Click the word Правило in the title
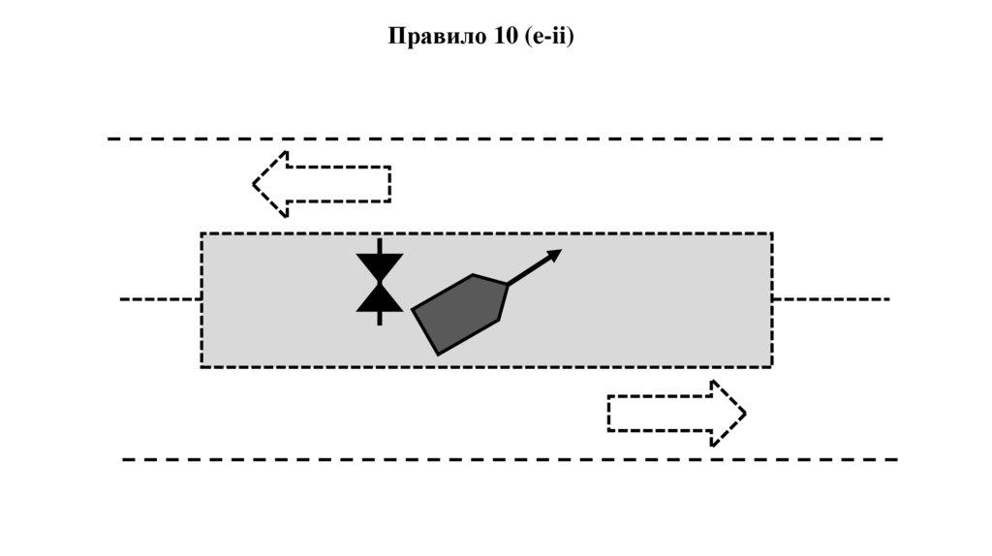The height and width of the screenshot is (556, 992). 430,37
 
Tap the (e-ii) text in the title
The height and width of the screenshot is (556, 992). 548,37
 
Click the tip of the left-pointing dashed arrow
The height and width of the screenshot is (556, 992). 255,183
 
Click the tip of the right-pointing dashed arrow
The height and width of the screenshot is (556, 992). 745,414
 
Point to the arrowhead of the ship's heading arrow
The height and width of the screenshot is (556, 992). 555,254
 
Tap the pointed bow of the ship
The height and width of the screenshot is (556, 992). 506,284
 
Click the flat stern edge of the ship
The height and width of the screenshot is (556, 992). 425,332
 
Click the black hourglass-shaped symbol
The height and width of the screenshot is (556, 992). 380,282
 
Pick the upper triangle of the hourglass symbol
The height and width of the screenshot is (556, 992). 380,264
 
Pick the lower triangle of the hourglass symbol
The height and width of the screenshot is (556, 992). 380,299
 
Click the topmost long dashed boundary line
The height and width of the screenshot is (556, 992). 494,139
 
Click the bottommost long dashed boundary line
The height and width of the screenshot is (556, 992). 509,459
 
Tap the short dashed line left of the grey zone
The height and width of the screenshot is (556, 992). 160,299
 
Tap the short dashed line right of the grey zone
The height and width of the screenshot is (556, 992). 830,299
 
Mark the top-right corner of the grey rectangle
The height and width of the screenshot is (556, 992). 771,233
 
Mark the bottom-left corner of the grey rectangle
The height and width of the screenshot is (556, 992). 201,366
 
